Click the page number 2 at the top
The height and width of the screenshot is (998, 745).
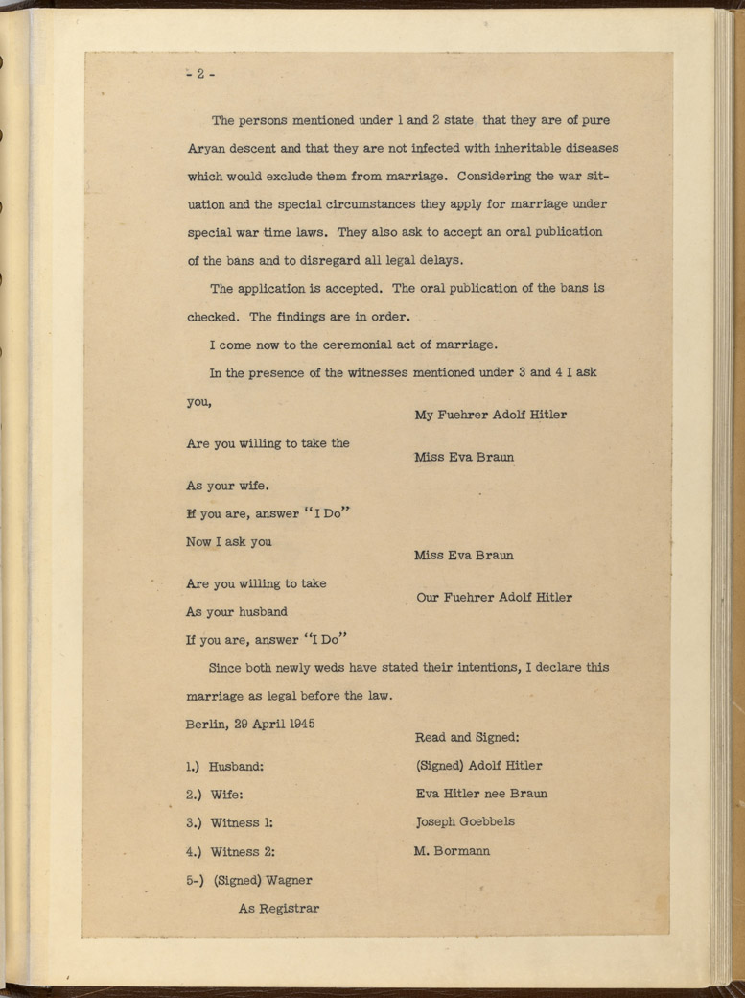(200, 75)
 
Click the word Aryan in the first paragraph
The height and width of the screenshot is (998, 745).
(206, 149)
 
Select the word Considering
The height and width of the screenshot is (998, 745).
(496, 177)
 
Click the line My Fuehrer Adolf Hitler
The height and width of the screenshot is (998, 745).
(490, 415)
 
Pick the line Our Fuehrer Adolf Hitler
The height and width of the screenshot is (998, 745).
(495, 597)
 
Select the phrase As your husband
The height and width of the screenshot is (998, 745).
(236, 611)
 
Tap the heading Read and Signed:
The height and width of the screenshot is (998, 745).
(467, 738)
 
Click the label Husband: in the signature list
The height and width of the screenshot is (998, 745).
(237, 767)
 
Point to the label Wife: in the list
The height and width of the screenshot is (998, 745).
(227, 795)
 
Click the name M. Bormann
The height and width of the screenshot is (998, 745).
(452, 850)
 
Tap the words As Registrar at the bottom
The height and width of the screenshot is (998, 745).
(279, 908)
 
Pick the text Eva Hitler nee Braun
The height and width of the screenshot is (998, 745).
(481, 794)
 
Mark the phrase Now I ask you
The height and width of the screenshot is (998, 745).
(228, 541)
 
